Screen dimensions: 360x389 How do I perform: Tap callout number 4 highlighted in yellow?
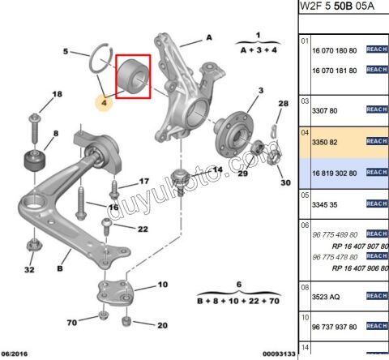coord(104,103)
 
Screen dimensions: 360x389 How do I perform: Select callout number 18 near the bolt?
coord(56,95)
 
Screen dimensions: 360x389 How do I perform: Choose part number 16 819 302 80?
coord(335,173)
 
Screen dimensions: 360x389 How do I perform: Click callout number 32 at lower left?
coord(29,269)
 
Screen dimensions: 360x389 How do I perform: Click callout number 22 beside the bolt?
coord(143,229)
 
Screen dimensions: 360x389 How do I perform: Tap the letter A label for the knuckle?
coord(208,37)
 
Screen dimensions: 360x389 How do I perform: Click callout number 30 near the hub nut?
coord(284,182)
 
